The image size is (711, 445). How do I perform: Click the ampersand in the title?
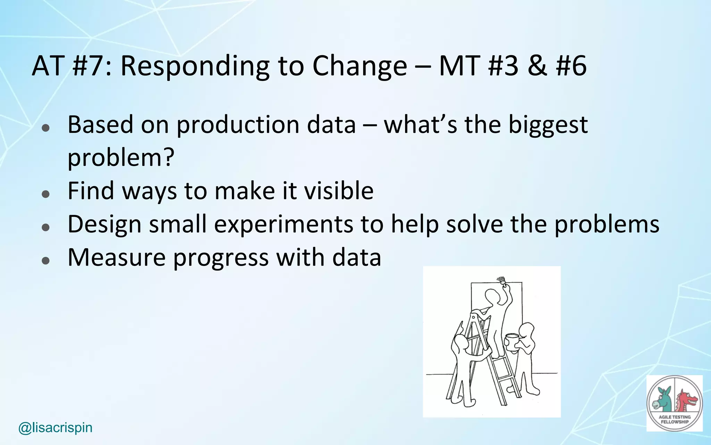coord(537,66)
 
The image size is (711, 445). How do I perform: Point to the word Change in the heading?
coord(359,66)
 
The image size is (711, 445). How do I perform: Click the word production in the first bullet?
coord(238,125)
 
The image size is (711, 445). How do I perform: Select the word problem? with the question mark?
coord(120,157)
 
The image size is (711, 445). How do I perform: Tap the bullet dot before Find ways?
coord(45,194)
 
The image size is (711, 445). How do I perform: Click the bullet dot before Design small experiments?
coord(45,227)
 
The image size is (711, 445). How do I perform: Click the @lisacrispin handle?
coord(56,428)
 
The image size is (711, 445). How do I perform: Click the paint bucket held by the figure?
coord(512,340)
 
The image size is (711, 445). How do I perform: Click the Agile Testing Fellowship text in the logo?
coord(675,419)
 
